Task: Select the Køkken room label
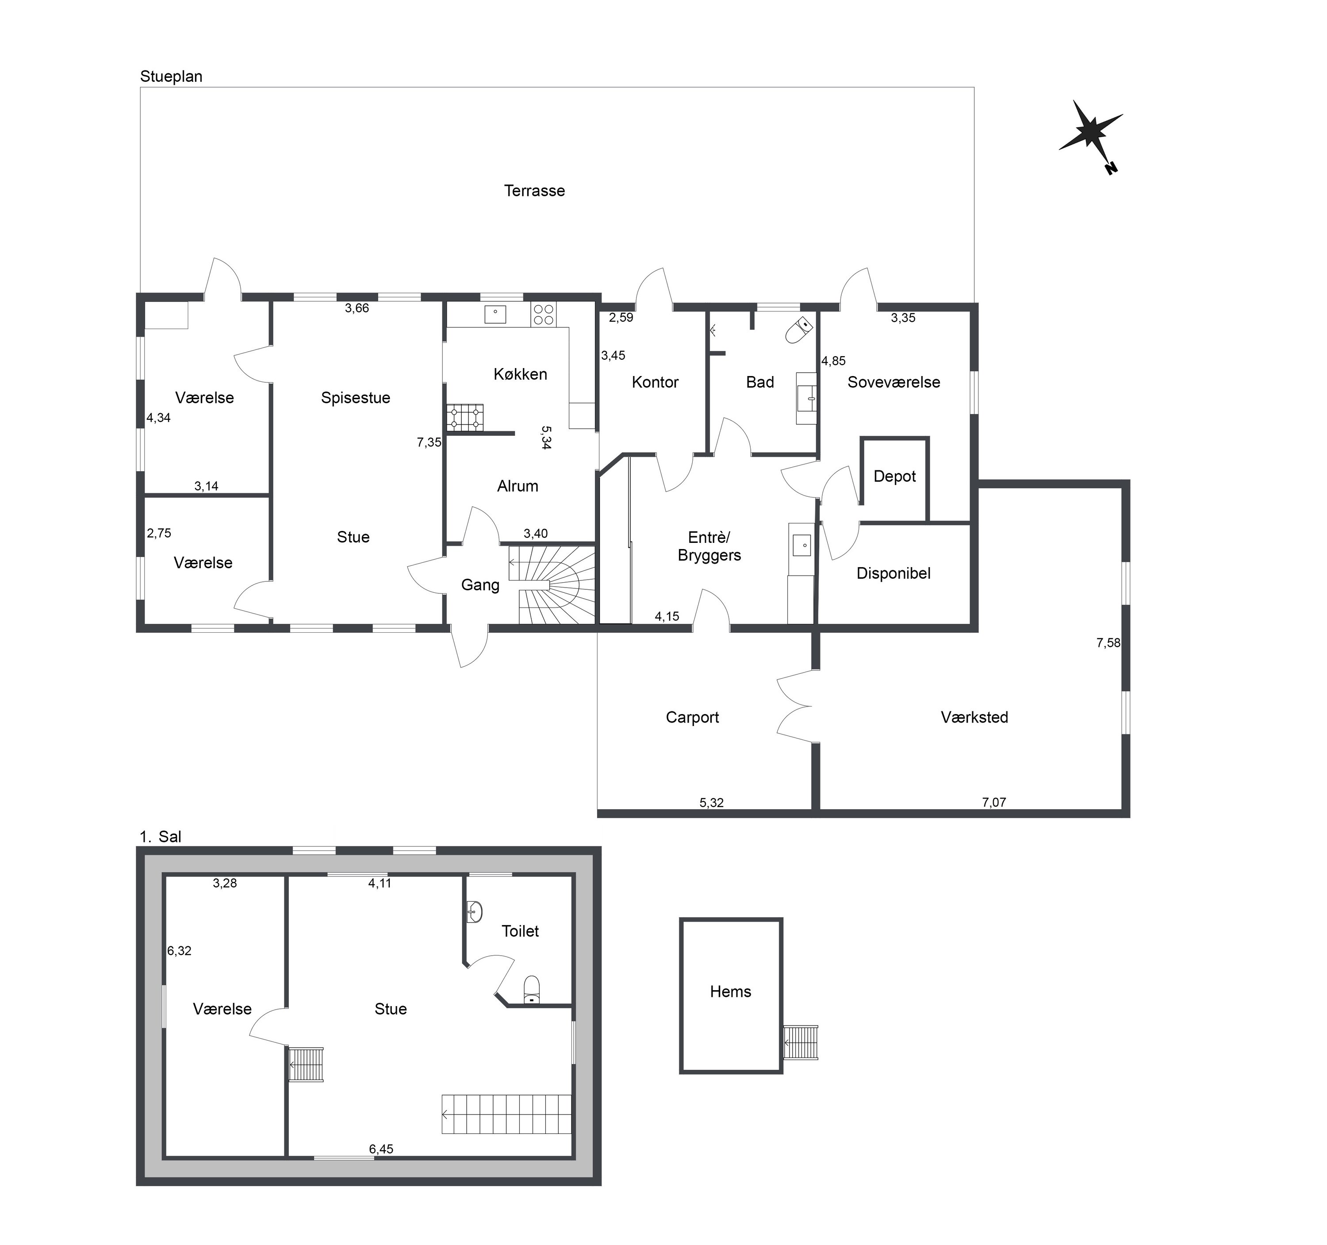pyautogui.click(x=520, y=374)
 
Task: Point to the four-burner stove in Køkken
pyautogui.click(x=543, y=315)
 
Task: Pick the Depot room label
pyautogui.click(x=894, y=476)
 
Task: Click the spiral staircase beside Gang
pyautogui.click(x=552, y=585)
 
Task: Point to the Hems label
pyautogui.click(x=730, y=992)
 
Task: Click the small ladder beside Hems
pyautogui.click(x=800, y=1042)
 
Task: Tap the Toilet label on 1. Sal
pyautogui.click(x=520, y=931)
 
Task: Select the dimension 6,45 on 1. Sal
pyautogui.click(x=381, y=1149)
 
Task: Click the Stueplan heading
pyautogui.click(x=171, y=77)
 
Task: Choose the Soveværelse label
pyautogui.click(x=894, y=383)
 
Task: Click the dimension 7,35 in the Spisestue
pyautogui.click(x=429, y=442)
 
